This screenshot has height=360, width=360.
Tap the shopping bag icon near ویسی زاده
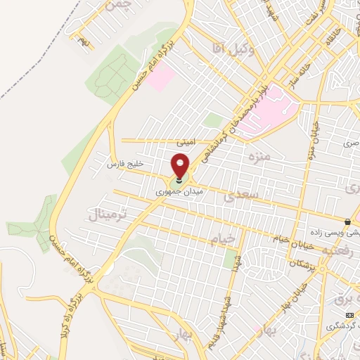click(347, 222)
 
